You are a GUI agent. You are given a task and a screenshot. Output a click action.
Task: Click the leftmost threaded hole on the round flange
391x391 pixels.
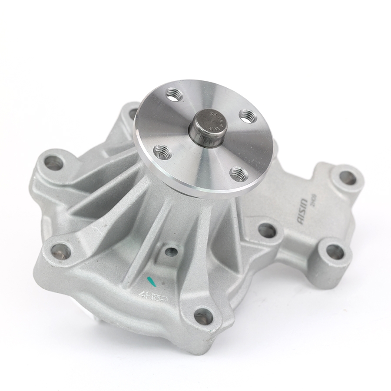click(162, 152)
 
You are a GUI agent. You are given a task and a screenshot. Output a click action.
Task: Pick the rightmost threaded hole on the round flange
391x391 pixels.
click(247, 116)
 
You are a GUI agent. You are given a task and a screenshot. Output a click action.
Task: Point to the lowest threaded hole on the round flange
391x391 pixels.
click(238, 174)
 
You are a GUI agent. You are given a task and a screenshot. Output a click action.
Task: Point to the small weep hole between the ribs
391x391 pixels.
click(171, 252)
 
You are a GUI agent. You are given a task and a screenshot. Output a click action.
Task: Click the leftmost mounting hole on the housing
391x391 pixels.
click(53, 163)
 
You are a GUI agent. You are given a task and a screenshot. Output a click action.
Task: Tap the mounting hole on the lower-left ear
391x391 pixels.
click(61, 251)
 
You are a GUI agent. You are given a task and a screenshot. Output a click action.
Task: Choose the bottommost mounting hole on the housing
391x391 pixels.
click(203, 317)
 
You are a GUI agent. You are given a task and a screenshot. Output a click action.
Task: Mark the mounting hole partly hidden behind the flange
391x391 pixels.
click(133, 114)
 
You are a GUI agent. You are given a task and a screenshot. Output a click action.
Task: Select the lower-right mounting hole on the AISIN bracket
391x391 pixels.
click(335, 252)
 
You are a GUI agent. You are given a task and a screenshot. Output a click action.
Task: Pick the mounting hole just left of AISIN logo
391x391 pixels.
click(267, 230)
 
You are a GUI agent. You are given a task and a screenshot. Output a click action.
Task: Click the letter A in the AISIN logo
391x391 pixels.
click(301, 222)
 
